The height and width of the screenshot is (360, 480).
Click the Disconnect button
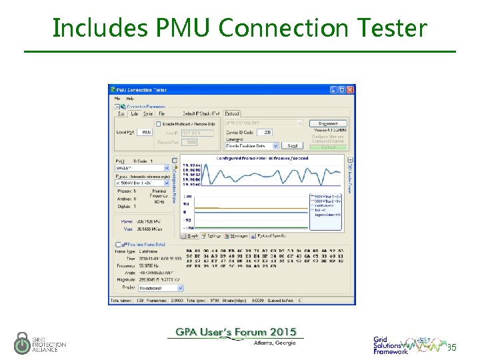328,123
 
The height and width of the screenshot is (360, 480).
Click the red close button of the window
351,89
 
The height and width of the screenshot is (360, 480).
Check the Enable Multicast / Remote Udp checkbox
159,123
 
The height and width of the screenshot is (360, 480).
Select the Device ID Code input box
263,133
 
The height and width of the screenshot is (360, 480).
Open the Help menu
130,98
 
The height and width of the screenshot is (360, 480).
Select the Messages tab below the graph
237,235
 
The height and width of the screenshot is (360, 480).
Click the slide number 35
451,347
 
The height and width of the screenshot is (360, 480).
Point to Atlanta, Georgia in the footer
274,343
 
